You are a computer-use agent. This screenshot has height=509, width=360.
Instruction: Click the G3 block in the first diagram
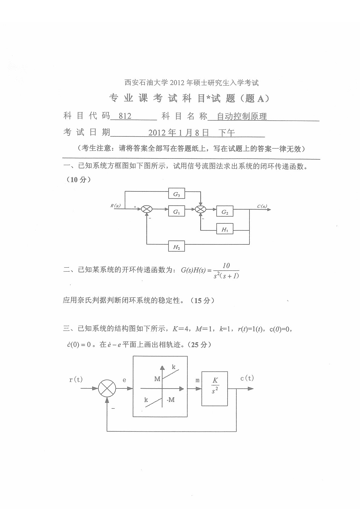(176, 195)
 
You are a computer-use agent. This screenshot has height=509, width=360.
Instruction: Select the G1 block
(176, 212)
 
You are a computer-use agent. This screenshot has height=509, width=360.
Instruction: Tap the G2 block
(225, 212)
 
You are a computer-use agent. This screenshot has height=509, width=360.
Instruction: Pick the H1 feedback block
(225, 230)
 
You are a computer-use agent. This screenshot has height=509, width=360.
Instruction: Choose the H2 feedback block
(176, 247)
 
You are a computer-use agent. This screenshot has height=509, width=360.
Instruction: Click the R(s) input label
(115, 206)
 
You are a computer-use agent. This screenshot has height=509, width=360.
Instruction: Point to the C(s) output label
(262, 206)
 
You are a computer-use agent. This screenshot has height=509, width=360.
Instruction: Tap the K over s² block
(215, 388)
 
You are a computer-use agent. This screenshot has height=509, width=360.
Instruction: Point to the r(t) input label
(76, 380)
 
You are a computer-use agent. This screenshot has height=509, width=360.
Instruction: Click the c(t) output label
(247, 378)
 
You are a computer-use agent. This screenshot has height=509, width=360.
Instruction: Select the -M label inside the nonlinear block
(170, 400)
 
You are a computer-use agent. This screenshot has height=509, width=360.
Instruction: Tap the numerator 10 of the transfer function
(226, 266)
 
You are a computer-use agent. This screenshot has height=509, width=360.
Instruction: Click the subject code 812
(125, 116)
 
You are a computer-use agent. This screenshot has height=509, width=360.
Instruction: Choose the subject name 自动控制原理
(242, 116)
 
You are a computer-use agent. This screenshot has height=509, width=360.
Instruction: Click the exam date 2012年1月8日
(179, 132)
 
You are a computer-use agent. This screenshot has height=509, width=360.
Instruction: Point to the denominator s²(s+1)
(226, 275)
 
